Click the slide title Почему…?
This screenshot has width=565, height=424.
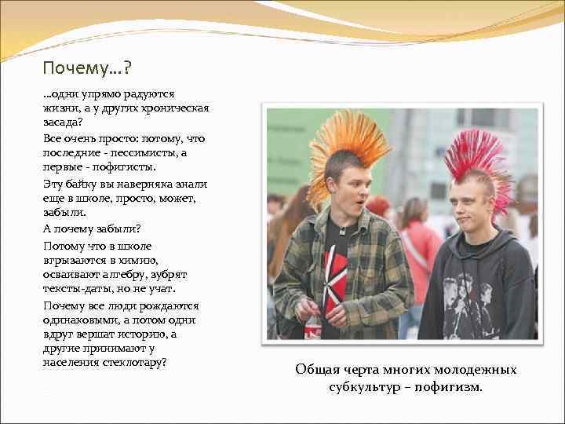87,69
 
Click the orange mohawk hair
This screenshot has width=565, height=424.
348,145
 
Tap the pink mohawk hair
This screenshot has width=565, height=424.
475,161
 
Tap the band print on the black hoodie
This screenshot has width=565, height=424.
467,303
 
